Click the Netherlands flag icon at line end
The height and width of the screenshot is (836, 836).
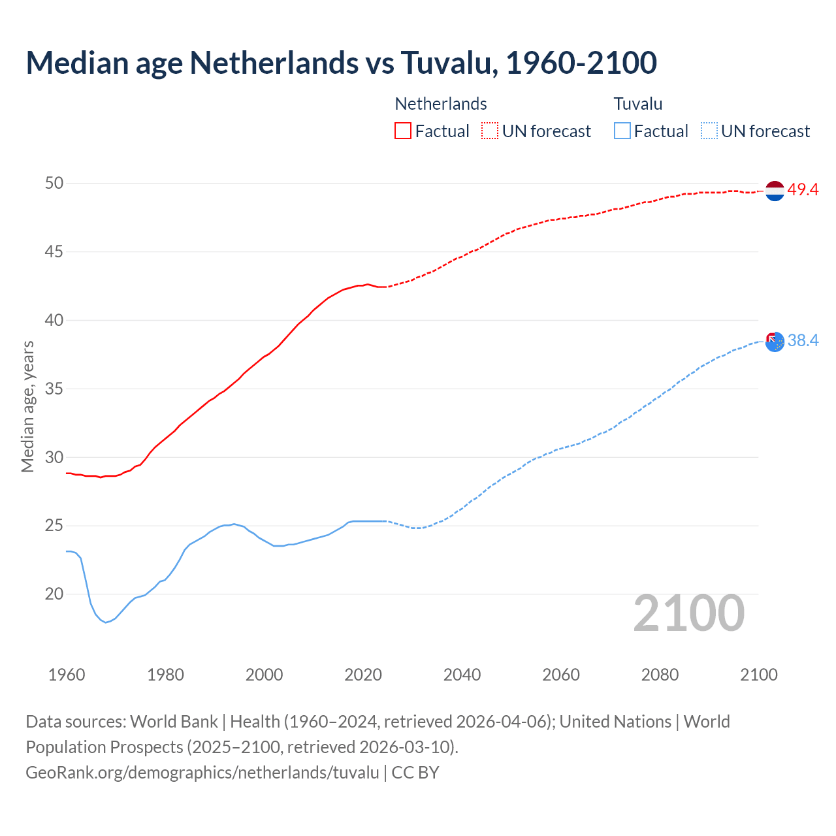point(775,191)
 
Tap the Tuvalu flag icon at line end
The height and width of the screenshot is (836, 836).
point(775,342)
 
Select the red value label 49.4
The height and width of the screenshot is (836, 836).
point(803,190)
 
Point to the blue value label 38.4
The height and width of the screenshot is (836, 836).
point(803,341)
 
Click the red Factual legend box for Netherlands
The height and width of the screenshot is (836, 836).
point(403,131)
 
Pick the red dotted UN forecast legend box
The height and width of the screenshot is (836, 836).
point(490,131)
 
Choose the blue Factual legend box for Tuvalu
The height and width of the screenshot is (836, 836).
point(622,131)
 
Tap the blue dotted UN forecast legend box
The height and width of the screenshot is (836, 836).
point(709,131)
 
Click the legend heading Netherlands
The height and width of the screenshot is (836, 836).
point(441,104)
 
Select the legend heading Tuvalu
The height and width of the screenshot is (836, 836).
point(638,104)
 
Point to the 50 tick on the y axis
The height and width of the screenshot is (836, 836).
point(54,184)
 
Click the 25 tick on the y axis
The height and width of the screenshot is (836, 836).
point(54,526)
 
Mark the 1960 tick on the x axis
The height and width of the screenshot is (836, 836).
point(67,675)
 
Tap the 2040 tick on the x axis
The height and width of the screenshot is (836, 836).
point(462,675)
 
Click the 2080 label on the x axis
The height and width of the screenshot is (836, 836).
point(660,675)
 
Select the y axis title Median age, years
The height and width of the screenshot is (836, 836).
point(27,406)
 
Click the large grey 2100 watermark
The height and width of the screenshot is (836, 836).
point(689,613)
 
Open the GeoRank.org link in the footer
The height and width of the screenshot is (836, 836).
point(202,773)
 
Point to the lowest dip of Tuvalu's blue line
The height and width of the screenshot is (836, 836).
point(106,622)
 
